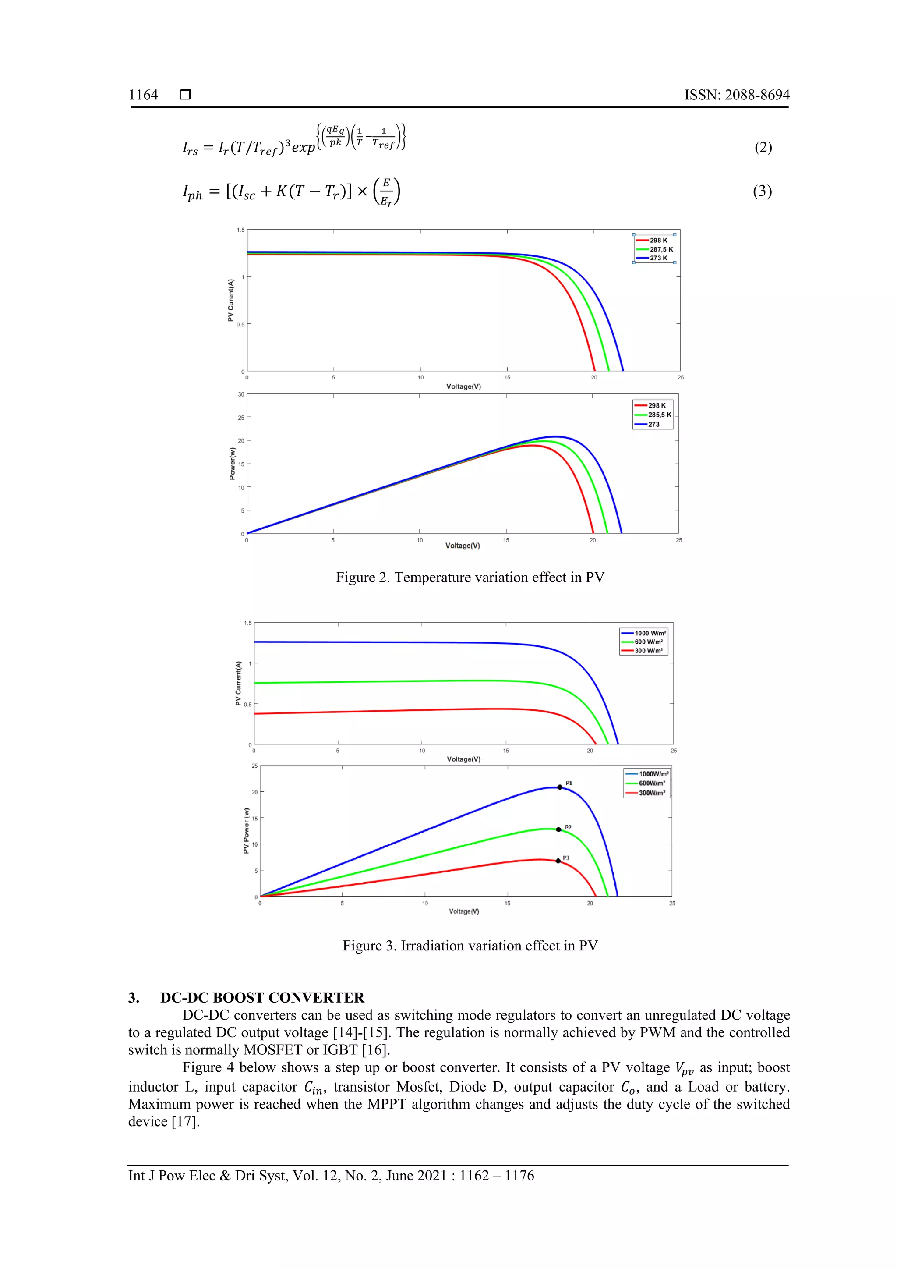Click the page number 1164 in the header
coord(144,95)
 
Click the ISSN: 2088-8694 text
coord(737,95)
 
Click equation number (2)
coord(763,147)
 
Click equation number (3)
coord(762,191)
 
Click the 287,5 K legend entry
coord(660,249)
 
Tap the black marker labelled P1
coord(559,787)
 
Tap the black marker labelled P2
coord(558,829)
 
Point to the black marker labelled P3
coord(558,861)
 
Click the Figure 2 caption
coord(470,578)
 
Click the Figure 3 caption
coord(470,946)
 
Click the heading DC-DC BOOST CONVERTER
coord(262,998)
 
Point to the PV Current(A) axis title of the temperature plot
coord(231,300)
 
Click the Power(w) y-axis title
coord(233,463)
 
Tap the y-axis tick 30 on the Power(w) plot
coord(241,395)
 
